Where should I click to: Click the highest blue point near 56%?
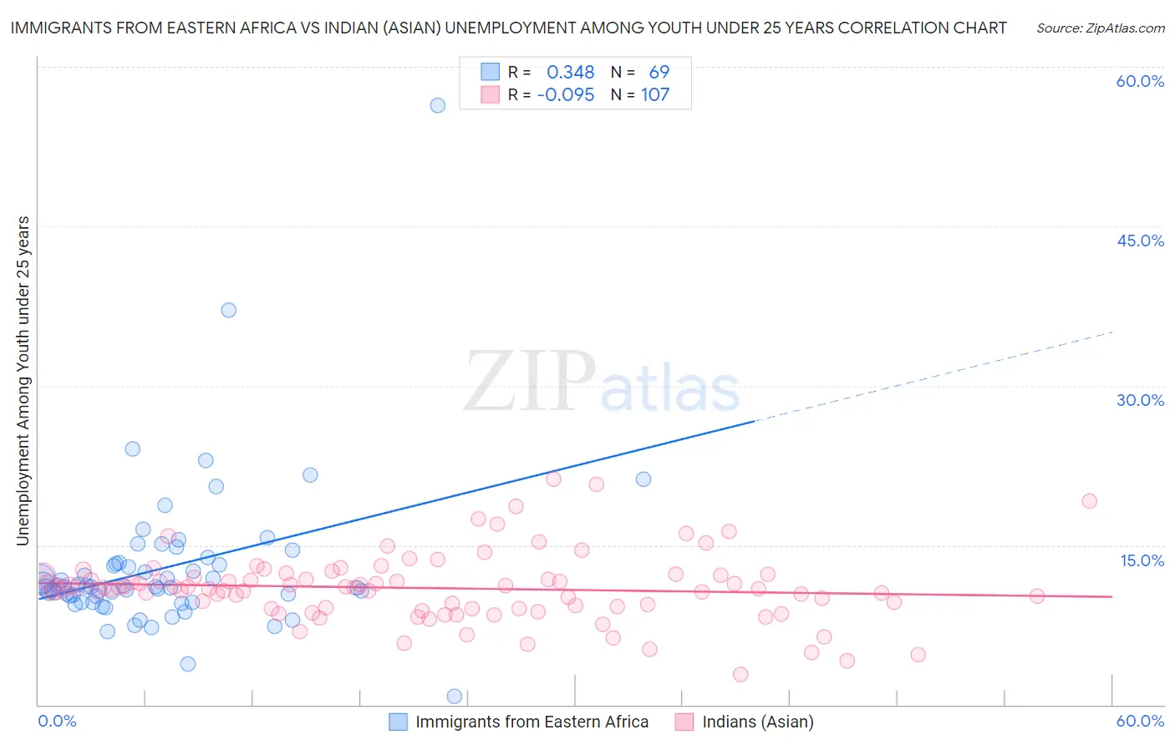[x=437, y=105]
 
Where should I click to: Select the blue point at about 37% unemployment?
[x=228, y=310]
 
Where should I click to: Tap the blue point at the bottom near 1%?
[x=455, y=697]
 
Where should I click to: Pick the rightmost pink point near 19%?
[x=1089, y=501]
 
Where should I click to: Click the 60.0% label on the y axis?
[x=1140, y=81]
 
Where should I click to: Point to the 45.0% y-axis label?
[x=1140, y=241]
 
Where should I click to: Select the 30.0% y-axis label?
[x=1140, y=400]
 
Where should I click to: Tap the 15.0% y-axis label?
[x=1142, y=560]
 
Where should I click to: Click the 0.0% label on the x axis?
[x=57, y=721]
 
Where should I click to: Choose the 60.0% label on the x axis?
[x=1140, y=721]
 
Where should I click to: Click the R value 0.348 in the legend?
[x=570, y=73]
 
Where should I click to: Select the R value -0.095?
[x=566, y=95]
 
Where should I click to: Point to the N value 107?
[x=655, y=95]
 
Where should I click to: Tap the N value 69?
[x=659, y=73]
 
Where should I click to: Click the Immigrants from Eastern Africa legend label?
[x=532, y=722]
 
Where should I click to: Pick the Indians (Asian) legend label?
[x=758, y=722]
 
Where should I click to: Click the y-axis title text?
[x=23, y=381]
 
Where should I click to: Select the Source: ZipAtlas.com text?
[x=1100, y=28]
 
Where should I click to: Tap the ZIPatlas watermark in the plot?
[x=602, y=382]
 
